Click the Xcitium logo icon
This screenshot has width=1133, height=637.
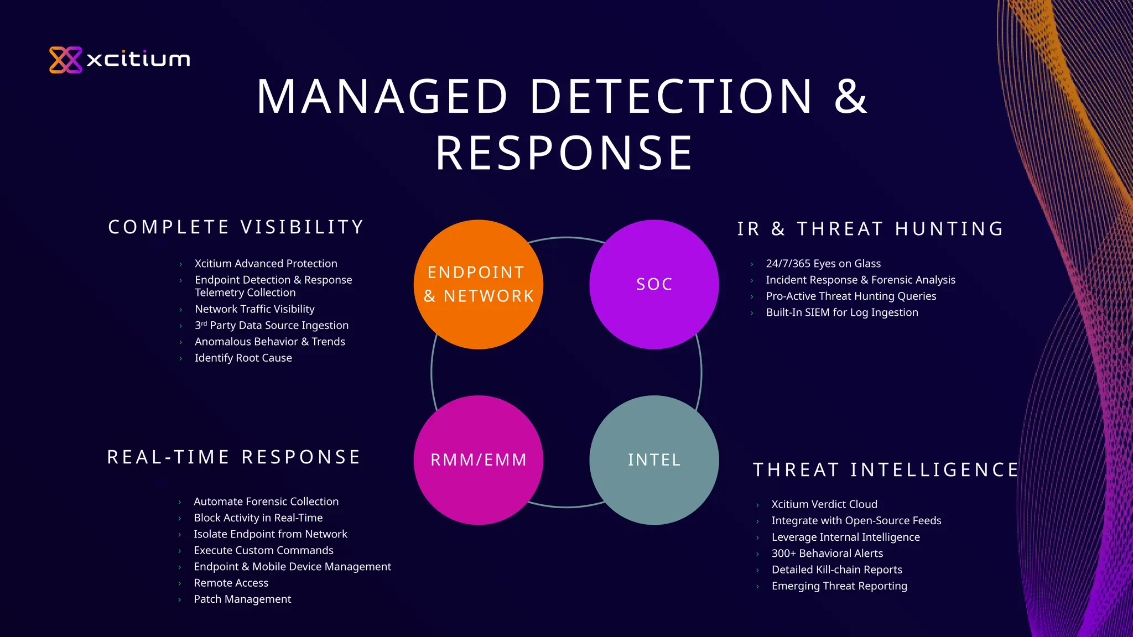tap(65, 60)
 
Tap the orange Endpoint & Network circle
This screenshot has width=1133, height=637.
tap(479, 284)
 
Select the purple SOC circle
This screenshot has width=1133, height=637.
tap(654, 284)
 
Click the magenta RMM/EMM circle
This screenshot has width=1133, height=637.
tap(479, 460)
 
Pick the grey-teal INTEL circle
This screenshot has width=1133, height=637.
tap(654, 460)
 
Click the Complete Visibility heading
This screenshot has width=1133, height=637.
tap(236, 227)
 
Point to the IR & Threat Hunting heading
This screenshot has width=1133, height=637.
tap(870, 229)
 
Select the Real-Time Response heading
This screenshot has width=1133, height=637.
tap(233, 457)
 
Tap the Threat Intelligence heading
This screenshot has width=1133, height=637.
tap(885, 470)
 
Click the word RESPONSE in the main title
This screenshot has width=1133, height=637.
tap(564, 153)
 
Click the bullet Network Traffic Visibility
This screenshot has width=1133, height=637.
tap(254, 309)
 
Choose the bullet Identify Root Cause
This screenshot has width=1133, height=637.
tap(243, 358)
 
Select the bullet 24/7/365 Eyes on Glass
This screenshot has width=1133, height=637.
tap(823, 264)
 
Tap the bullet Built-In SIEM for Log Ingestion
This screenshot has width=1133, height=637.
tap(842, 312)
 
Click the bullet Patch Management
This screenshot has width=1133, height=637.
tap(242, 599)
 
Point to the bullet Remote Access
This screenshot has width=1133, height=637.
tap(231, 583)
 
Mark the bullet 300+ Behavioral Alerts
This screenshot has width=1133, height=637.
tap(827, 554)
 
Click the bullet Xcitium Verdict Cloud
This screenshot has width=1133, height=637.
tap(824, 504)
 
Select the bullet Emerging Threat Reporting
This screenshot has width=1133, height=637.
tap(839, 586)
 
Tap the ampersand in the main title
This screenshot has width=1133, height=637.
tap(850, 97)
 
